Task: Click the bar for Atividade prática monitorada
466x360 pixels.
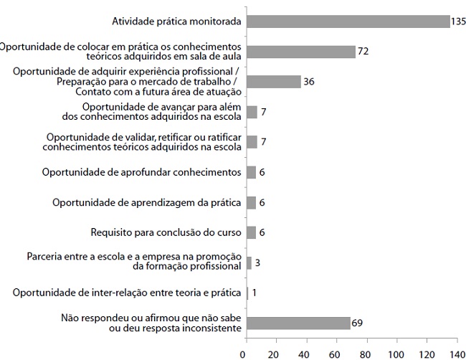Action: click(x=348, y=22)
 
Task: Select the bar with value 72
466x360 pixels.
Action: click(x=301, y=52)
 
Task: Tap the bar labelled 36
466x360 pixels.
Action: click(x=274, y=82)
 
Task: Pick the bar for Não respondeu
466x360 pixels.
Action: click(x=298, y=323)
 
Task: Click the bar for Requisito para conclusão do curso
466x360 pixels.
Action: click(x=252, y=232)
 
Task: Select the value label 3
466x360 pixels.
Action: click(x=257, y=263)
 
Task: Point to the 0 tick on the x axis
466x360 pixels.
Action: click(x=245, y=354)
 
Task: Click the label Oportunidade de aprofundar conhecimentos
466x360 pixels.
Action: click(x=141, y=172)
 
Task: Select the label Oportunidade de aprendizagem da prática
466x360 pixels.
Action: click(x=146, y=202)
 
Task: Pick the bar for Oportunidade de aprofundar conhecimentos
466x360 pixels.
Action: click(x=252, y=172)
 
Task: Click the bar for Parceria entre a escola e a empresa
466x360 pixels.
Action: click(x=249, y=262)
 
